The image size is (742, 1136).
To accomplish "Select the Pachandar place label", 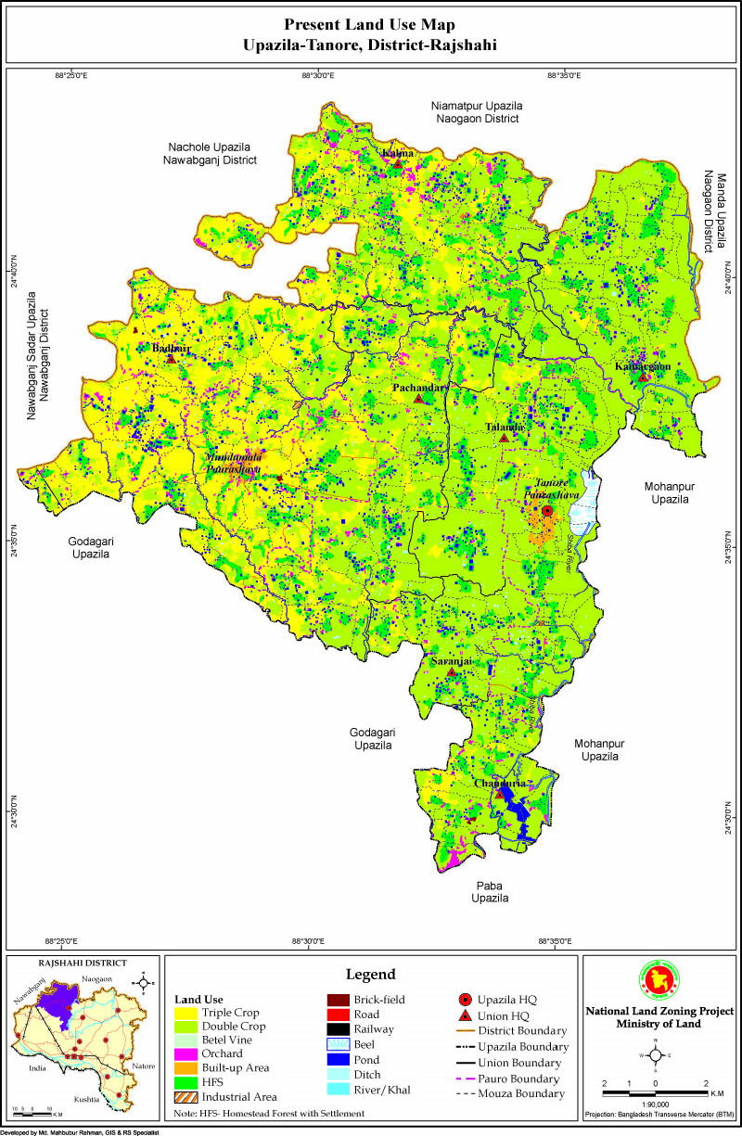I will pos(420,387).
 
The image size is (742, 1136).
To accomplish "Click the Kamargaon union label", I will pos(643,366).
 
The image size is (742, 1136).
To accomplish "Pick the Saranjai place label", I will pos(452,661).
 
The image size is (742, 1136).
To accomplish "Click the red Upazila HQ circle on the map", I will pos(547,511).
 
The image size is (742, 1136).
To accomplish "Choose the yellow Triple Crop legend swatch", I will pos(185,1013).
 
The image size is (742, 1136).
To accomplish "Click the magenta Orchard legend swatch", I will pos(185,1054).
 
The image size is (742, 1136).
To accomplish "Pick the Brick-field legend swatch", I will pos(338,1000).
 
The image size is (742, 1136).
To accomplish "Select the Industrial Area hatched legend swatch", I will pos(185,1097).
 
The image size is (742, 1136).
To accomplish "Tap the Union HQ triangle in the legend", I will pos(465,1015).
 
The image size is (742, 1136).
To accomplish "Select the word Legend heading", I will pos(370,974).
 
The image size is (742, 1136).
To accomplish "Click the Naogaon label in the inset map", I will pos(96,979).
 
